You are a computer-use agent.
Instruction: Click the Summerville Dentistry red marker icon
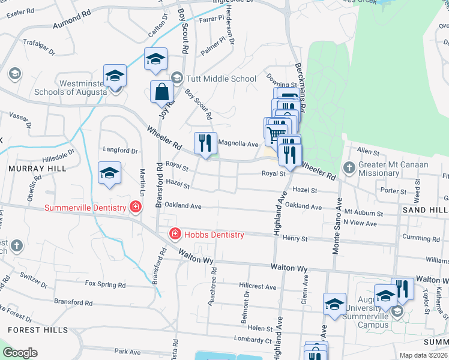point(136,208)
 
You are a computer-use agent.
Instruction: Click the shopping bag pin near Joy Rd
point(162,92)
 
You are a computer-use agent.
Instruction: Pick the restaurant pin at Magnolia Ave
point(205,143)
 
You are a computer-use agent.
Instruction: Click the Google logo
point(20,353)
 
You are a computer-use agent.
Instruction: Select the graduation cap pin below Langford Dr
point(110,173)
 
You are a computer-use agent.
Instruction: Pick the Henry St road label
point(295,238)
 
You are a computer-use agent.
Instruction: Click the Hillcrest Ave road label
point(257,287)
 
